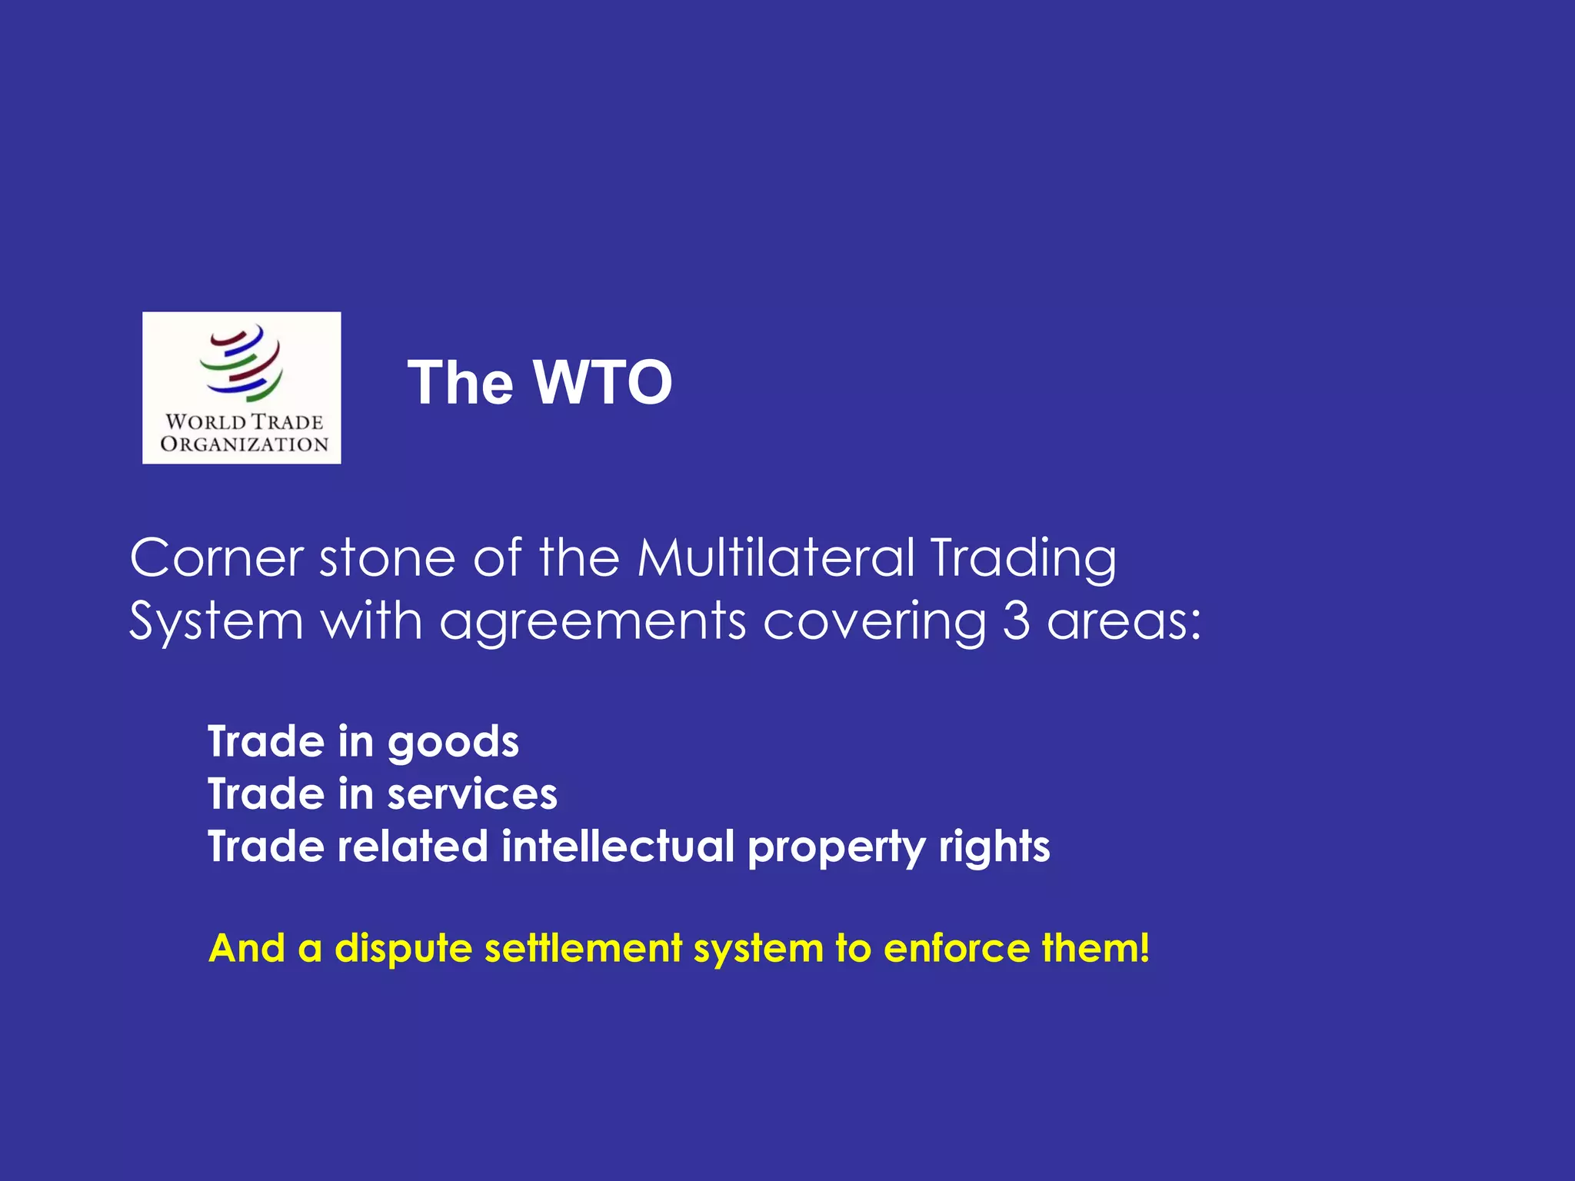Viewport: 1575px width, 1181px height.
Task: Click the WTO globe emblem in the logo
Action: [x=241, y=363]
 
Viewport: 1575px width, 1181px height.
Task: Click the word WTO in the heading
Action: [x=603, y=383]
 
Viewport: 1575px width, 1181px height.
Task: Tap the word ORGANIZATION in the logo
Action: [x=244, y=444]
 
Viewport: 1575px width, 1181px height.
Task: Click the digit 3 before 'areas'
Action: [x=1016, y=621]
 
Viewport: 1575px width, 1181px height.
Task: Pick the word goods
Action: [x=453, y=744]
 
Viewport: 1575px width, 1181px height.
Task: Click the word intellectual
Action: [x=618, y=847]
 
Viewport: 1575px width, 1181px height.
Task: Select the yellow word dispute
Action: [x=403, y=949]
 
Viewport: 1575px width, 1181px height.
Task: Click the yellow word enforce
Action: [x=956, y=948]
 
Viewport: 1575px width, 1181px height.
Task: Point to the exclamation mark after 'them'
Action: [x=1144, y=947]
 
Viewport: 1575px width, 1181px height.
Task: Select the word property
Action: [x=837, y=848]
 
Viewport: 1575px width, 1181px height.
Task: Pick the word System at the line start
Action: [x=217, y=621]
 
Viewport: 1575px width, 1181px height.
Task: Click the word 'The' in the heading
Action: [x=460, y=383]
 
